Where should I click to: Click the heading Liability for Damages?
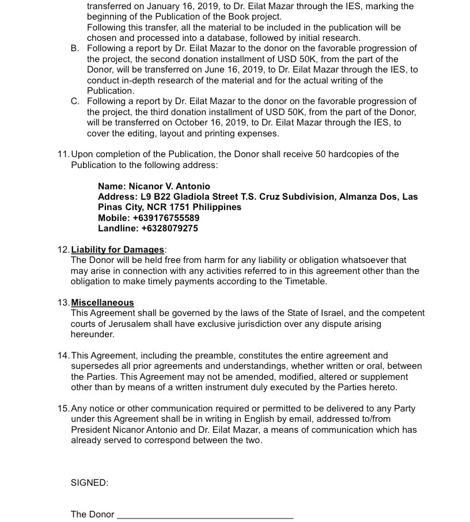(x=117, y=250)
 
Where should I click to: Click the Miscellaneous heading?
(x=103, y=303)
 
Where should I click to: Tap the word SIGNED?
(x=89, y=483)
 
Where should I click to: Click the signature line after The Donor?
(x=205, y=516)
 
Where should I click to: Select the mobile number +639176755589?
(x=166, y=218)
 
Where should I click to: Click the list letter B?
(x=75, y=48)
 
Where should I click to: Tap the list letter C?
(x=75, y=101)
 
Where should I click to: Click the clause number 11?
(x=63, y=154)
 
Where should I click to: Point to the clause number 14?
(x=63, y=356)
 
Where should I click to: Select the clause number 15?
(x=63, y=409)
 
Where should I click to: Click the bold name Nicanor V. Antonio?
(x=169, y=186)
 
